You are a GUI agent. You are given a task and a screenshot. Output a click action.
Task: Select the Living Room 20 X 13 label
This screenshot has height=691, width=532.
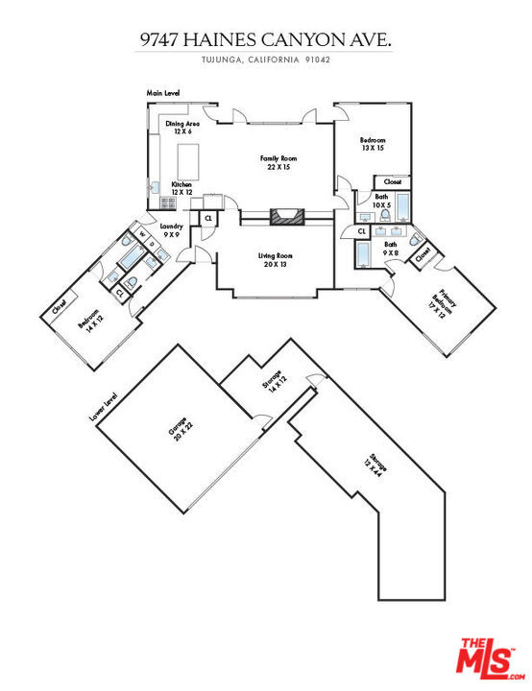pyautogui.click(x=275, y=260)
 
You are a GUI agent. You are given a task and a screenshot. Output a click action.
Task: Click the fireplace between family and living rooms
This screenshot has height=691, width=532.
pyautogui.click(x=284, y=217)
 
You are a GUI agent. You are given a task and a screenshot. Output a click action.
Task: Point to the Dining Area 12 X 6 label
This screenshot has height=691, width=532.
pyautogui.click(x=182, y=129)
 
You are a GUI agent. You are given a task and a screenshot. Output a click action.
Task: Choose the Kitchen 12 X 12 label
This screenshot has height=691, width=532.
pyautogui.click(x=182, y=188)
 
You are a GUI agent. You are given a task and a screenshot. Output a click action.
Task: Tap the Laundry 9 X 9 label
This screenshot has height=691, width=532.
pyautogui.click(x=173, y=230)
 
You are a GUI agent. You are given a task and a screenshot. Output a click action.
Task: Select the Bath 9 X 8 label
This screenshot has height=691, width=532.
pyautogui.click(x=390, y=249)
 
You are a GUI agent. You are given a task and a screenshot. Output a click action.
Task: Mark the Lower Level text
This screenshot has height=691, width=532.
pyautogui.click(x=104, y=407)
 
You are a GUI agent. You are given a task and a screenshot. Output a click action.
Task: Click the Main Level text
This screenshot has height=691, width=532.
pyautogui.click(x=163, y=93)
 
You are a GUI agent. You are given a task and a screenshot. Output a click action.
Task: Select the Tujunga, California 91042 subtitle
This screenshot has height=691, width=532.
pyautogui.click(x=266, y=60)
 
